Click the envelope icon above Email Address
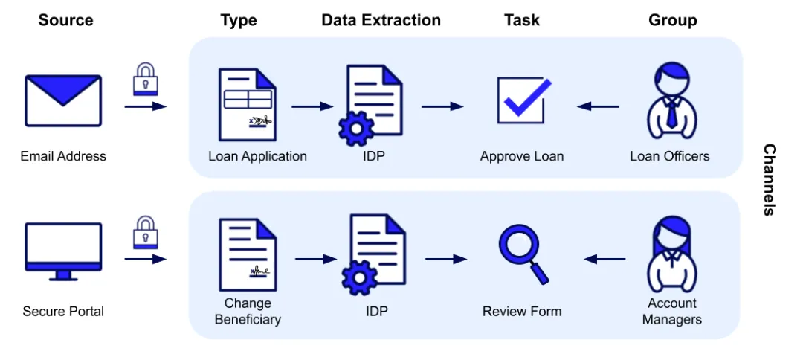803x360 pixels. (63, 100)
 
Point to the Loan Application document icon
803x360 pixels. (247, 104)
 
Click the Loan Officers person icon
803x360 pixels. (671, 102)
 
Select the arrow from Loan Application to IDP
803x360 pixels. (312, 106)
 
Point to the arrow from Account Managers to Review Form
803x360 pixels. (604, 259)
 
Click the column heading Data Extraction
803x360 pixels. (381, 20)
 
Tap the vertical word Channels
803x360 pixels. (770, 179)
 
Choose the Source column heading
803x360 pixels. (66, 20)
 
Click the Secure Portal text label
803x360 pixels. (63, 311)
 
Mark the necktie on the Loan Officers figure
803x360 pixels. (672, 113)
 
